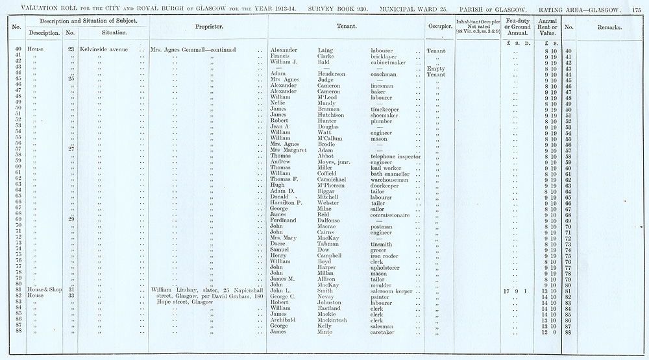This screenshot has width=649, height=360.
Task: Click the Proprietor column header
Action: tap(209, 27)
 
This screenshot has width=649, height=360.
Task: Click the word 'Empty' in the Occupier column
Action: tap(435, 68)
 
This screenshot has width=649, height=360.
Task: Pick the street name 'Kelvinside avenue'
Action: tap(104, 50)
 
